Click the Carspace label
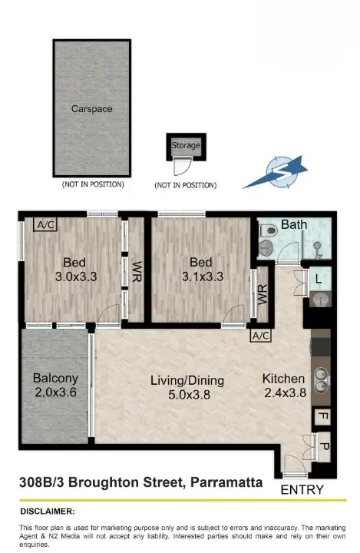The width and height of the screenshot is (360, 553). point(91,109)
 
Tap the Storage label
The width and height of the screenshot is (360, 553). point(186,144)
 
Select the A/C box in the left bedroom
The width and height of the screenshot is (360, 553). point(45,225)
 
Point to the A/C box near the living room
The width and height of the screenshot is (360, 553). point(261,336)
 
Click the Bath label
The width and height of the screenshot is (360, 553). point(294,225)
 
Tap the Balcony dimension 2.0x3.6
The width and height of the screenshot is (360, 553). point(55,392)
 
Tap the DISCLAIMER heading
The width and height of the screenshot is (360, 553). point(47,511)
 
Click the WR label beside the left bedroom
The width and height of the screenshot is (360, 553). point(137,270)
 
